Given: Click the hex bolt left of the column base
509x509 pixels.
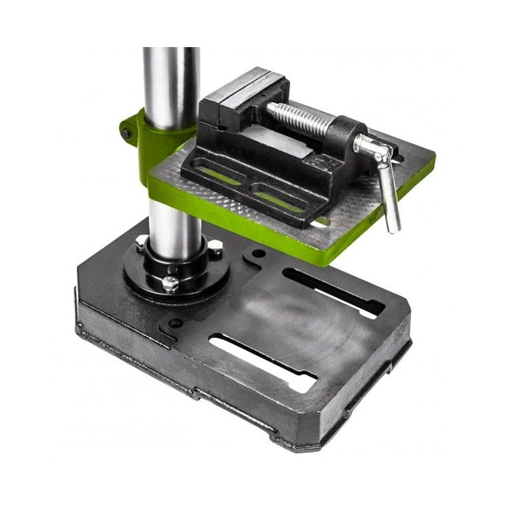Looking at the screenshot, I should point(140,242).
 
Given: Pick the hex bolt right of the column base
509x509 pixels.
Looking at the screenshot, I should point(218,251).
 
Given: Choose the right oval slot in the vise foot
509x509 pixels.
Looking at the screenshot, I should point(280,199).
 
